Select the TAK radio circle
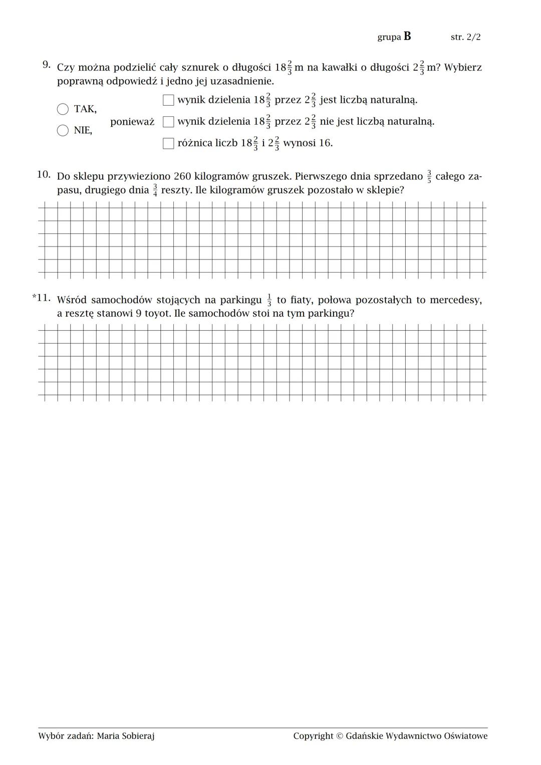[x=63, y=109]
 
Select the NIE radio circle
[x=63, y=130]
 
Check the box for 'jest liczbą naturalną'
[x=168, y=100]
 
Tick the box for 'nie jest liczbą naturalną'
[x=168, y=122]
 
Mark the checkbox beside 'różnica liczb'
[x=168, y=143]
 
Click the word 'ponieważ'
[x=132, y=122]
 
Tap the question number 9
[x=46, y=65]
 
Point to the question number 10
[x=44, y=174]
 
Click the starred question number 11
[x=42, y=298]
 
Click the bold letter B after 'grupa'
[x=407, y=36]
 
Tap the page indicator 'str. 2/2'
[x=465, y=37]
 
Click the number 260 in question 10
[x=182, y=176]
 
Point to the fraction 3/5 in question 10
[x=429, y=177]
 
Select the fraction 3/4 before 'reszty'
[x=155, y=190]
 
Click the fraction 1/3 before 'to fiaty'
[x=269, y=300]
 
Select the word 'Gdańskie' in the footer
[x=364, y=736]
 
